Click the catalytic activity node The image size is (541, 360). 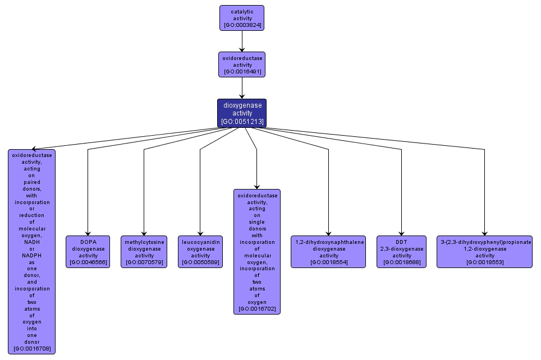242,18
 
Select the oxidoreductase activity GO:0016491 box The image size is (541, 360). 242,64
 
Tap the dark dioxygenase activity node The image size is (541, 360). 242,113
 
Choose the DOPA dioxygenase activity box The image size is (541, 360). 88,252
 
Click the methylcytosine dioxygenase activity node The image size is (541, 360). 144,252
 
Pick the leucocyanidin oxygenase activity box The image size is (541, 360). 200,252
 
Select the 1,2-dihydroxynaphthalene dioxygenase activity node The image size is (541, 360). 328,252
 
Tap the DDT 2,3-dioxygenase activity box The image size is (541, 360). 402,252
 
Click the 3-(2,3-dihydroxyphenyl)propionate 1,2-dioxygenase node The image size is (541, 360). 484,252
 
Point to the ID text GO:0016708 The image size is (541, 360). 32,349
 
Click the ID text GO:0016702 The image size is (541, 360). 257,309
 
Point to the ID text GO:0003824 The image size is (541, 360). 242,25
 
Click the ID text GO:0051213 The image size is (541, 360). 242,121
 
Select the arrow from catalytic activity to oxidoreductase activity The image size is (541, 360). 242,41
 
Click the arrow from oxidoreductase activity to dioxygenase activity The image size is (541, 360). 242,88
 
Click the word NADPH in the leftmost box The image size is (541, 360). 32,255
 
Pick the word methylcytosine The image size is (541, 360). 144,242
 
